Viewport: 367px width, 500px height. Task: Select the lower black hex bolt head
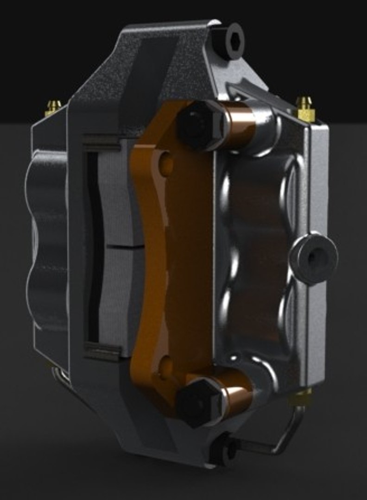pos(198,401)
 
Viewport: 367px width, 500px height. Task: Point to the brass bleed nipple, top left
pos(53,107)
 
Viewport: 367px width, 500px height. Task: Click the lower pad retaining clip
pos(102,350)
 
